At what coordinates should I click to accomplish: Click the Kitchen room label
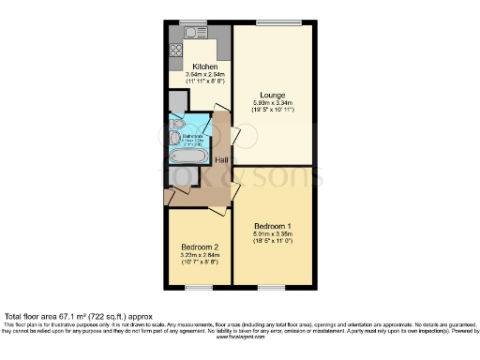click(x=205, y=67)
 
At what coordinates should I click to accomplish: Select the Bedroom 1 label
click(x=271, y=226)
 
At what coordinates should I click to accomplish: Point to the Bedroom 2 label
click(x=199, y=247)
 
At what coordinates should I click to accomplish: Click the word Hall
click(x=222, y=160)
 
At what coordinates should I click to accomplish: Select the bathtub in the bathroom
click(x=190, y=157)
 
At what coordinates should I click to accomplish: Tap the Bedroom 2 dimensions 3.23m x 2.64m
click(x=199, y=256)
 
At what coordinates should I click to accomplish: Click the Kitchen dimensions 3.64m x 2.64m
click(x=205, y=76)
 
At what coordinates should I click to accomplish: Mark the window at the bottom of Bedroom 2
click(x=198, y=288)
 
